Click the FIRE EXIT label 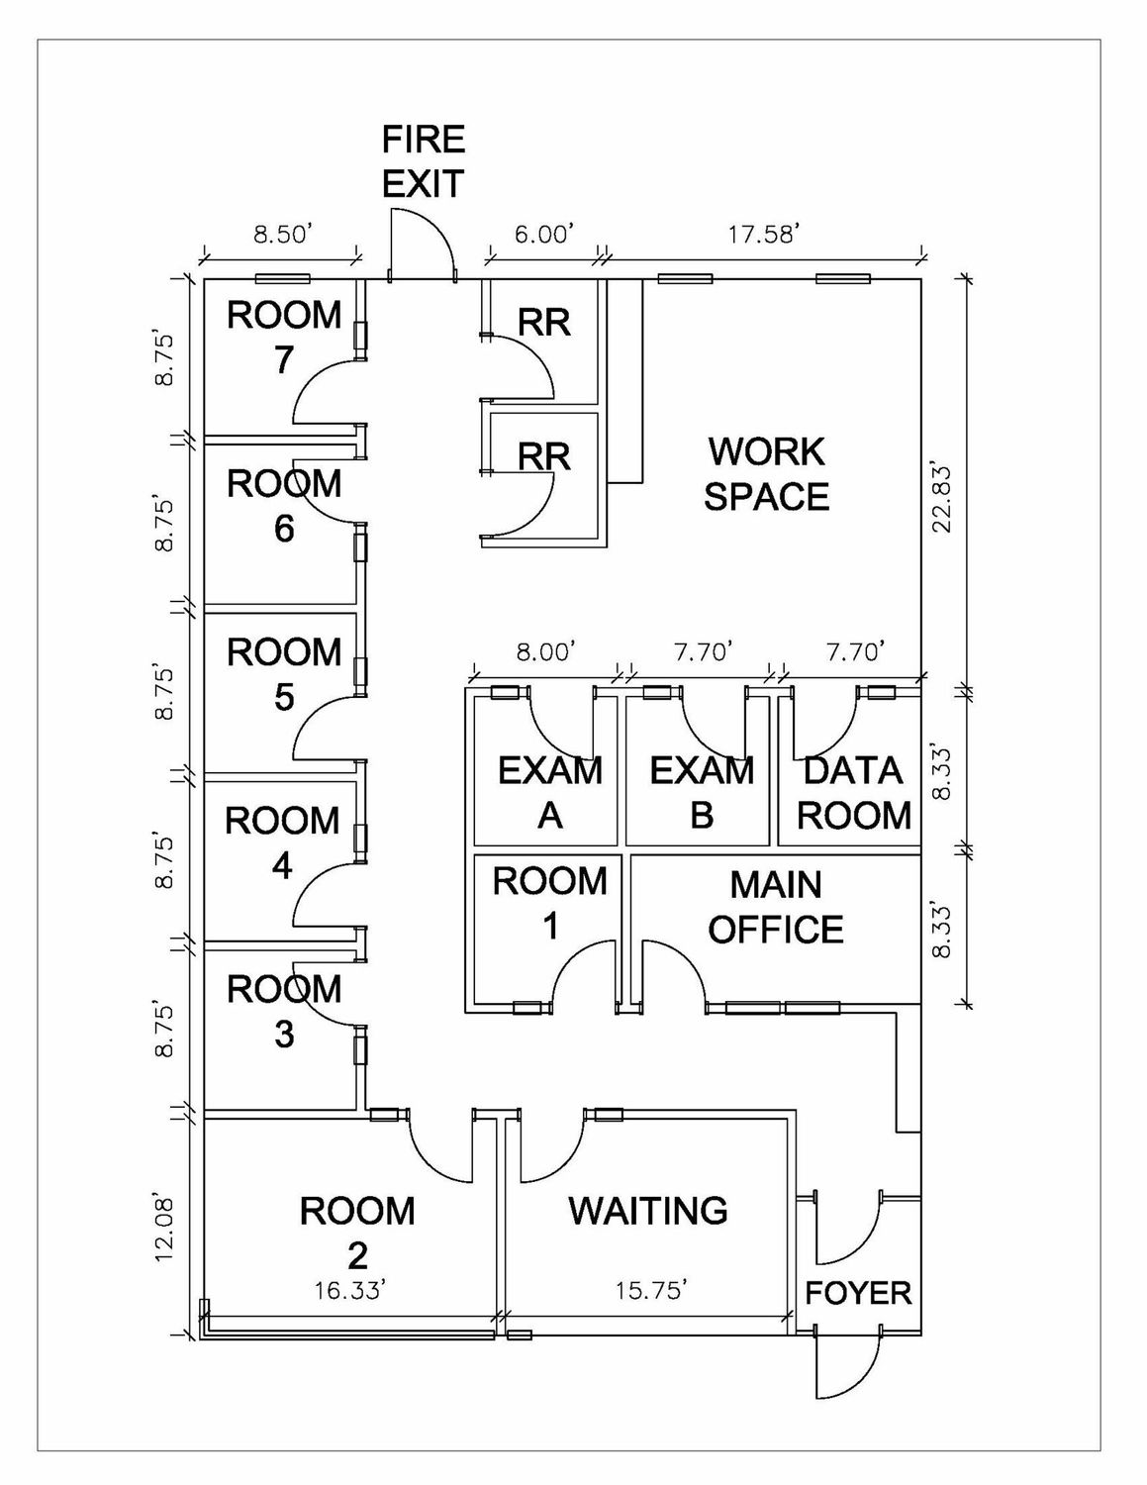(424, 160)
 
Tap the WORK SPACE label (766, 473)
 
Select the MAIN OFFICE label (776, 907)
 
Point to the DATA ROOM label (853, 792)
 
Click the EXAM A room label (549, 792)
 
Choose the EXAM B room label (701, 792)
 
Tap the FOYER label (857, 1292)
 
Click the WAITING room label (648, 1210)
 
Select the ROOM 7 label (284, 337)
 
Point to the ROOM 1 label (549, 902)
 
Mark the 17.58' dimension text (763, 234)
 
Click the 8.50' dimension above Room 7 (283, 235)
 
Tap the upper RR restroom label (544, 322)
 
